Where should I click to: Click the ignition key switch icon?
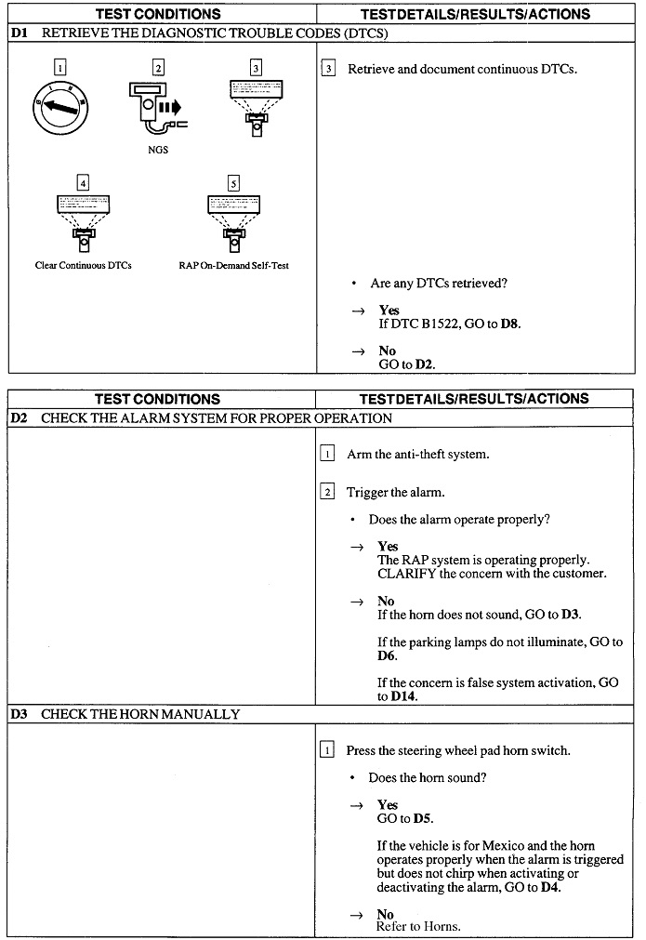pos(60,106)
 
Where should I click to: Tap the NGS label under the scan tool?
pos(158,151)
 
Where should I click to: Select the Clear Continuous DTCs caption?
pos(84,266)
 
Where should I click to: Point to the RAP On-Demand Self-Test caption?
pos(233,266)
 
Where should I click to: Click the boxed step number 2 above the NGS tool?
pos(158,67)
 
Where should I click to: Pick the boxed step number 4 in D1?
pos(84,183)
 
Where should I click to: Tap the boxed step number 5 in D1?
pos(233,183)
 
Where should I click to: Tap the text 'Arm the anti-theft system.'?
pos(417,455)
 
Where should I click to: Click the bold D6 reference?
pos(388,655)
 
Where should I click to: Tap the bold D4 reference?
pos(550,888)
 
